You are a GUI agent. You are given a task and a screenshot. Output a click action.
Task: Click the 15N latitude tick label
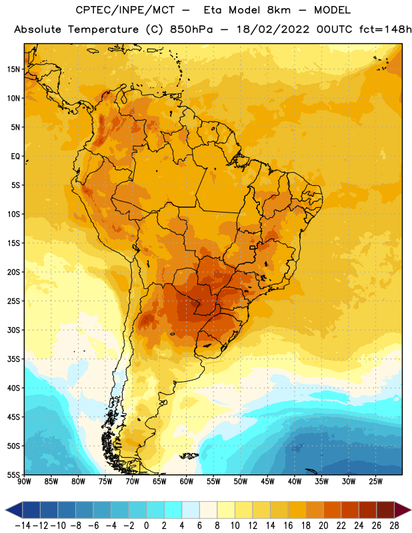pos(13,69)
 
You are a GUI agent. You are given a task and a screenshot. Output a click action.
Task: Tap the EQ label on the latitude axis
pos(15,157)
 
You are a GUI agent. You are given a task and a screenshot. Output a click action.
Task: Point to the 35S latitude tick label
pos(13,359)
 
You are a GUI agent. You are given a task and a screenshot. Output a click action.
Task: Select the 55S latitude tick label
pos(13,475)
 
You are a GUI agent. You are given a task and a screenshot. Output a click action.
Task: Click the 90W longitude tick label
pos(24,482)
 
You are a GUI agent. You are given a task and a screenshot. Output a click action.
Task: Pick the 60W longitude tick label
pos(187,482)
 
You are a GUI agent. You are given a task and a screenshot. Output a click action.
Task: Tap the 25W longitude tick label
pos(375,482)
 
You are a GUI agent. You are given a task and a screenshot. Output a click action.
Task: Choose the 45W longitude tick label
pos(267,482)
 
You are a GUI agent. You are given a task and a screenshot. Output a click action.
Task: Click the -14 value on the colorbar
pos(23,526)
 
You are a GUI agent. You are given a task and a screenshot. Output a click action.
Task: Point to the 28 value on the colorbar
pos(394,526)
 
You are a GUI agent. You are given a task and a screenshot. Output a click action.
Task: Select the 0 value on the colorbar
pos(146,526)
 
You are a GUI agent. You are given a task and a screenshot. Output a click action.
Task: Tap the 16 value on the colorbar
pos(288,526)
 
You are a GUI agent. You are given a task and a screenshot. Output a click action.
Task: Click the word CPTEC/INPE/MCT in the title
pos(125,10)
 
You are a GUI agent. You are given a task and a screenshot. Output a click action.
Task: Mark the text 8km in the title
pos(279,10)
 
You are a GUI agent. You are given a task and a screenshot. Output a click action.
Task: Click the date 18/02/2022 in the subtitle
pos(273,29)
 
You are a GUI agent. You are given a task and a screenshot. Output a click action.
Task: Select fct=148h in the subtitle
pos(385,29)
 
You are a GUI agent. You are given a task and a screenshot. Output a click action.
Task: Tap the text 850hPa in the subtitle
pos(191,29)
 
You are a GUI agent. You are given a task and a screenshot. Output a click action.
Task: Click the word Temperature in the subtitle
pos(103,29)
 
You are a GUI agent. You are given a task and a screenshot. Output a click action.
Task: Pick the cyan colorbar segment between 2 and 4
pos(173,510)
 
